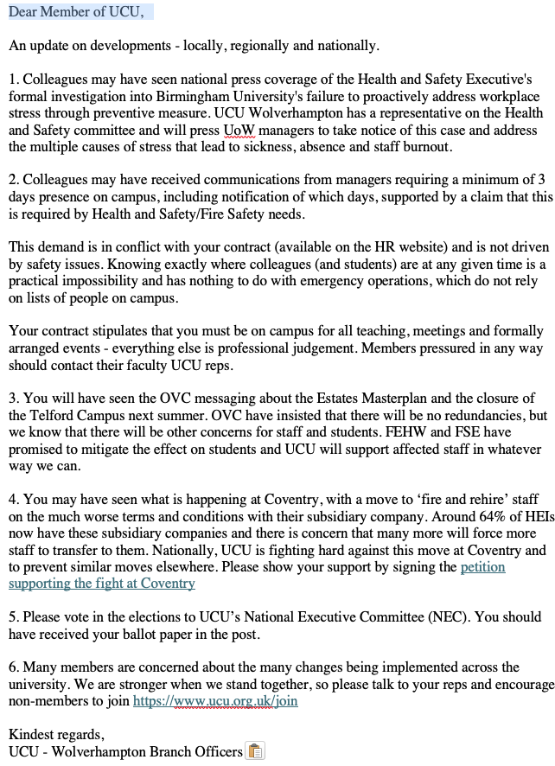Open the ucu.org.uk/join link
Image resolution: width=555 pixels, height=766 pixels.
point(214,701)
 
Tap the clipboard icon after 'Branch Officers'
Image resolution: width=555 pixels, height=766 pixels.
point(255,751)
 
